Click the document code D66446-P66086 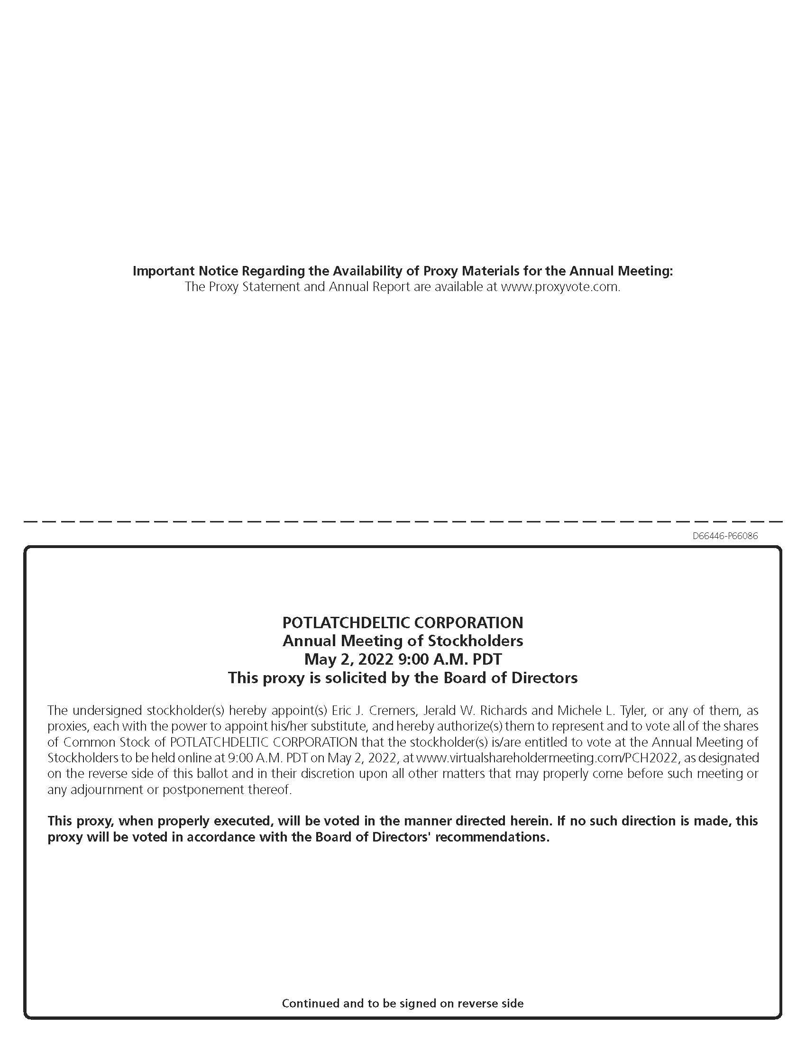[725, 536]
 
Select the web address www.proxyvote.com [559, 287]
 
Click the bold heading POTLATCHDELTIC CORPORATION [403, 622]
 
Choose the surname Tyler [632, 710]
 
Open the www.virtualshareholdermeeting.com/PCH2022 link [547, 758]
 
